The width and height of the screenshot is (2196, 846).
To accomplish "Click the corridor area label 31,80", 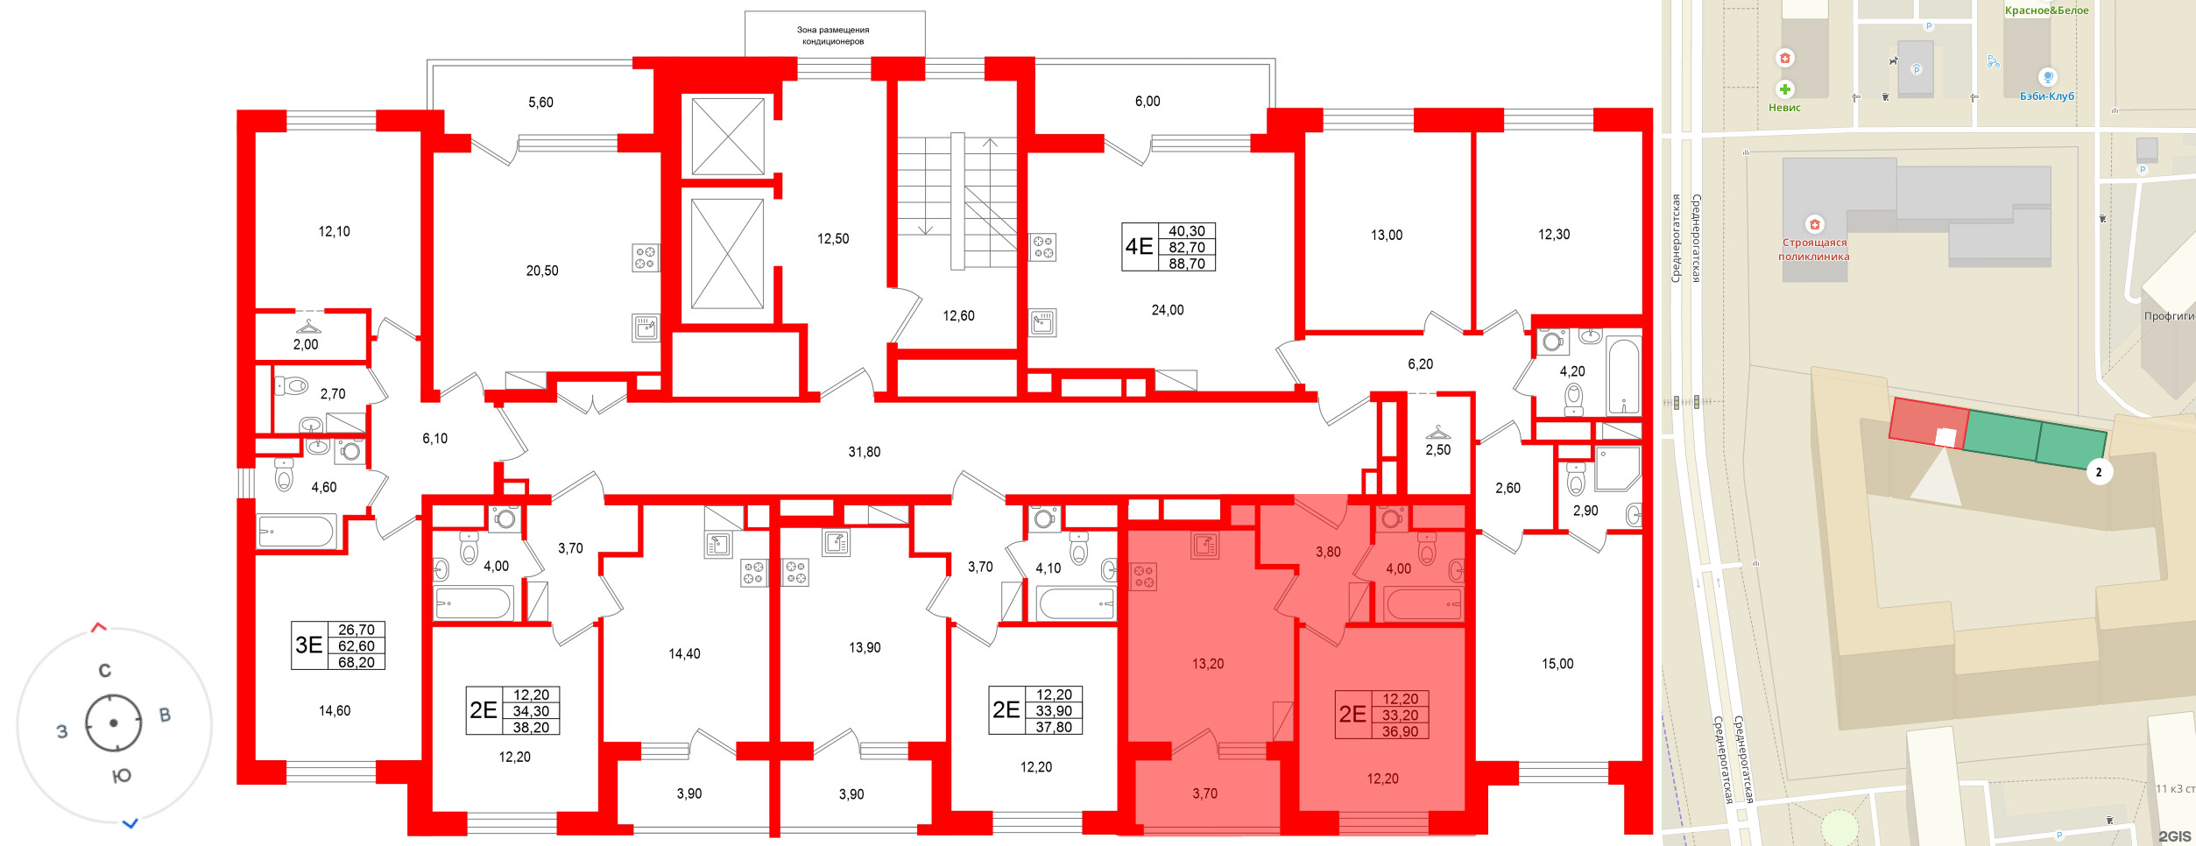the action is tap(865, 452).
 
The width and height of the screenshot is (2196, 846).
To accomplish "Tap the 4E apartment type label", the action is tap(1139, 247).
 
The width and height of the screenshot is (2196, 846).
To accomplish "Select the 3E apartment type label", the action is tap(309, 645).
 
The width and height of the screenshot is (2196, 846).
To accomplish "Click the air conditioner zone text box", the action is tap(834, 35).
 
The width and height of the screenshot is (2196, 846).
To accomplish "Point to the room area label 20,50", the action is tap(542, 271).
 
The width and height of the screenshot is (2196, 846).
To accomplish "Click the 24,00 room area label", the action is tap(1168, 310).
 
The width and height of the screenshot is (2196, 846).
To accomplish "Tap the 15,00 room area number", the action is tap(1557, 664).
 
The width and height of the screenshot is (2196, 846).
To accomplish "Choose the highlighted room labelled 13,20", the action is tap(1208, 664).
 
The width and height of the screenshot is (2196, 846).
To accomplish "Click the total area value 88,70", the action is tap(1187, 264).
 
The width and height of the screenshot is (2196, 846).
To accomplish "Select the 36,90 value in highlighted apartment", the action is tap(1400, 731).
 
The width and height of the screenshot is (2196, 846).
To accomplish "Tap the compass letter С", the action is tap(105, 671).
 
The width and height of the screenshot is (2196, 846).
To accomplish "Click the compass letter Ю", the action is tap(123, 776).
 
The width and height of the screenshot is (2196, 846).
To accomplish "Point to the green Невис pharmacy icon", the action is tap(1785, 89).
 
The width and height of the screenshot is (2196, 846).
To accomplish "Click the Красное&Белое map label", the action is tap(2045, 11).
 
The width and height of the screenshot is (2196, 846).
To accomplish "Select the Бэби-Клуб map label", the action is tap(2047, 96).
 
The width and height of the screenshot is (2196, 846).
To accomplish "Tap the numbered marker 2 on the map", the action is tap(2099, 472).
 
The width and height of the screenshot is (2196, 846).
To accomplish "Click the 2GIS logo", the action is tap(2175, 836).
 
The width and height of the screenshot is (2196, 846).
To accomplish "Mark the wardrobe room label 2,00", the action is tap(306, 345).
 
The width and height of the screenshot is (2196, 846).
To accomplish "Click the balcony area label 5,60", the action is tap(540, 102).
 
